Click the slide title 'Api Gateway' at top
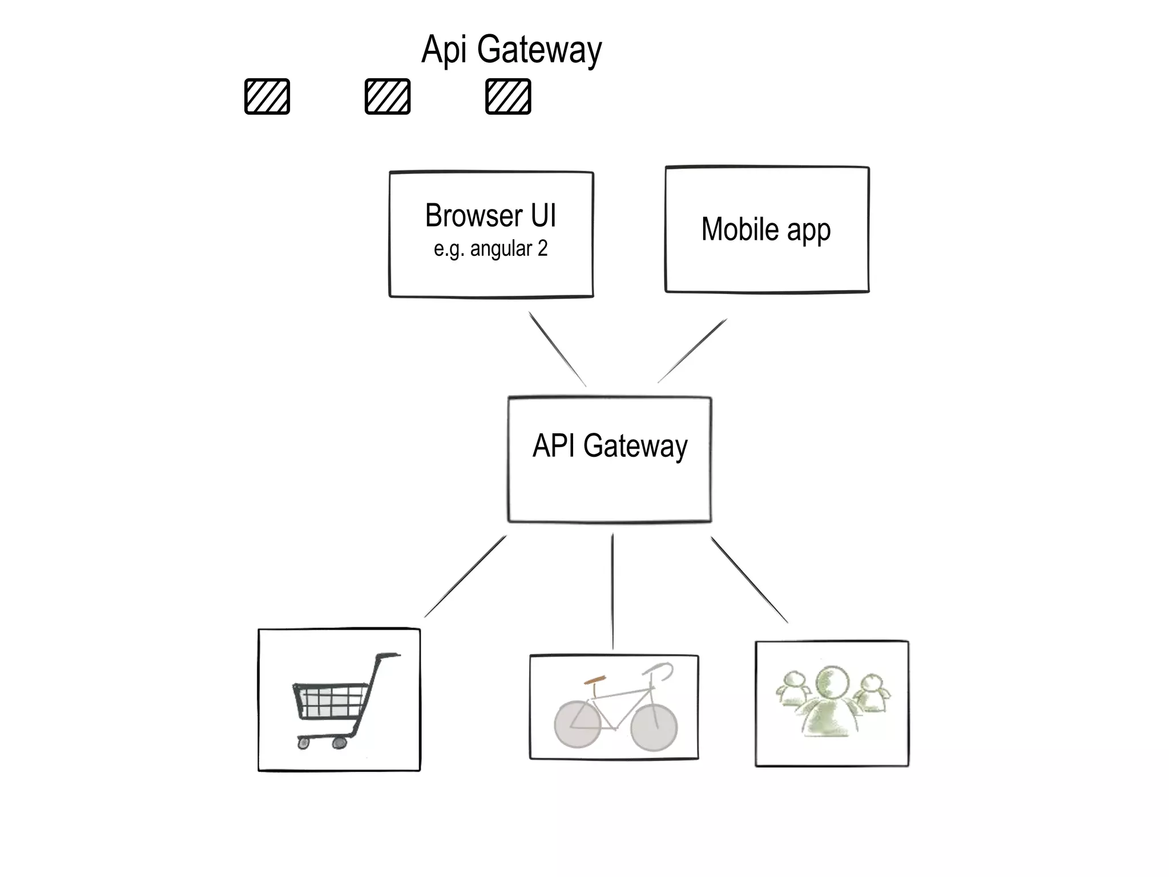click(511, 50)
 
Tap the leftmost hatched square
click(267, 96)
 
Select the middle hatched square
click(388, 96)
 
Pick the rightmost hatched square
click(508, 96)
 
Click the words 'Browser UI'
click(490, 216)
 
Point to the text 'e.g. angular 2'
click(490, 249)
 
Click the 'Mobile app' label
click(765, 230)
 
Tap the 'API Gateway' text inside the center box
click(610, 446)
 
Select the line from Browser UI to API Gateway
click(557, 349)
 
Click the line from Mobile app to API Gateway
click(692, 351)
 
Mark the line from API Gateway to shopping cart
click(465, 576)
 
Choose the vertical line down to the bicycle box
click(612, 591)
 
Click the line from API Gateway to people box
click(749, 580)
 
